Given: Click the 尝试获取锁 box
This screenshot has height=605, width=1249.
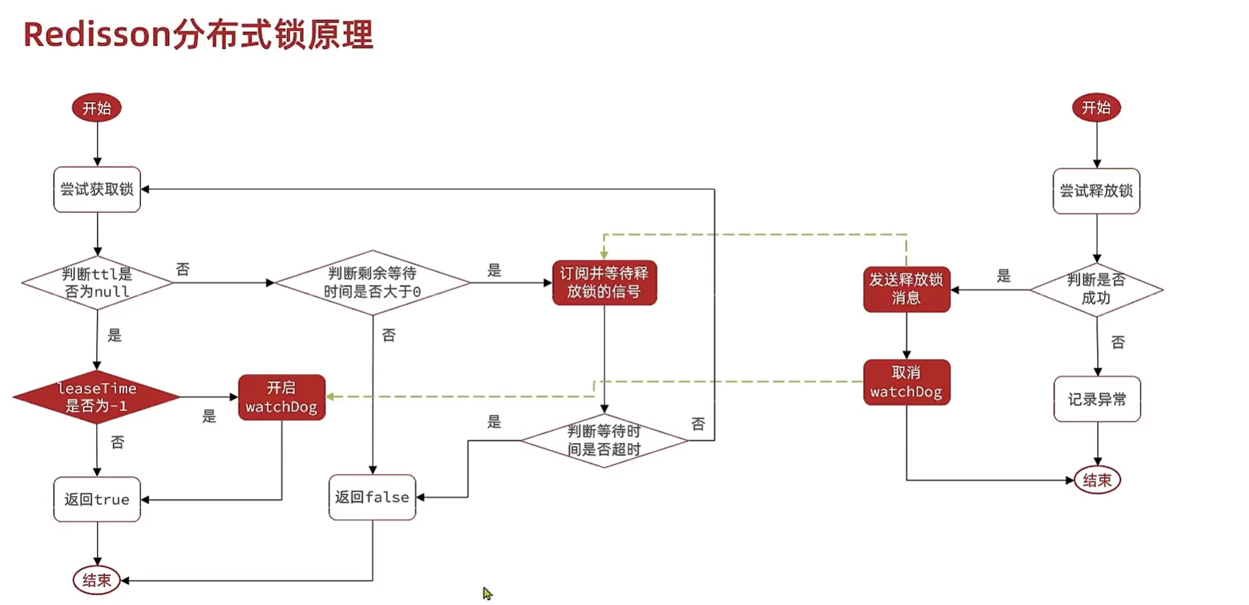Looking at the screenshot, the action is pos(97,189).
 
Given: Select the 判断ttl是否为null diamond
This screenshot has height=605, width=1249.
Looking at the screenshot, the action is pos(97,283).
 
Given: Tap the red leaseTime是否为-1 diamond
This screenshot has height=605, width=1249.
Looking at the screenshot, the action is pos(96,397).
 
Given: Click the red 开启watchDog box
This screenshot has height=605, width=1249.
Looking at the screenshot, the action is pos(281,397).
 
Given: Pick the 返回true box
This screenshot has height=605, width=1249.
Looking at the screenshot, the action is pos(97,499).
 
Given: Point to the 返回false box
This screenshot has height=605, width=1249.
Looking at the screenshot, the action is pos(372,497).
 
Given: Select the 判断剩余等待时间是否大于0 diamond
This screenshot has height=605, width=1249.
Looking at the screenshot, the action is pos(373,283).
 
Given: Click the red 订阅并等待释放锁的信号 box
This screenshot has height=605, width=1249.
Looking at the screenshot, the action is pos(604,283).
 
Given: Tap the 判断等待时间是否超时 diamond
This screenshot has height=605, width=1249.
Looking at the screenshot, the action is pos(604,440).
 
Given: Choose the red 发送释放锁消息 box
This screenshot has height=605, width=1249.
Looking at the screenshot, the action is pos(907,289).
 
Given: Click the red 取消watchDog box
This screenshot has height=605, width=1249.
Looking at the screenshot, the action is pos(907,382).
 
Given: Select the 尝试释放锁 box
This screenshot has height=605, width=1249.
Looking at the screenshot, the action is pos(1096,191).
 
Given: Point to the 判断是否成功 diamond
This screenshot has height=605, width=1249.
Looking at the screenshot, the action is pos(1096,289).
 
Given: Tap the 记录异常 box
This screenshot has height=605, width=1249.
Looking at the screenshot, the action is pos(1097,399).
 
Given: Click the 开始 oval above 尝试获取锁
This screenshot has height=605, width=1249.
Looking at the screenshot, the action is pos(96,108).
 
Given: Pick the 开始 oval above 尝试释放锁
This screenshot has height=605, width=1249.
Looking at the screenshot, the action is pos(1096,107).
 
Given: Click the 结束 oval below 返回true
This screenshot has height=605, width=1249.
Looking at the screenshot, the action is pos(96,580).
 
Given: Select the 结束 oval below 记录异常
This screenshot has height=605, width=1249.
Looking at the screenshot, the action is pos(1097,480).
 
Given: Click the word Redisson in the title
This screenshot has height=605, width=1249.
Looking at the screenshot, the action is pos(96,35).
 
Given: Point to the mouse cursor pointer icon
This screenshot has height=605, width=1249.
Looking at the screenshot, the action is pos(487,593).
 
